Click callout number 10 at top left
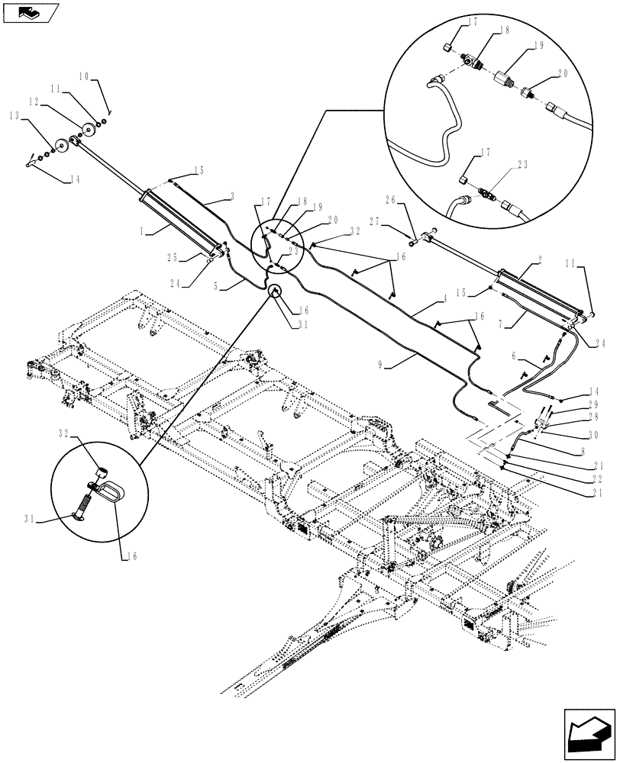pyautogui.click(x=83, y=77)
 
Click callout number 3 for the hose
pyautogui.click(x=230, y=197)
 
